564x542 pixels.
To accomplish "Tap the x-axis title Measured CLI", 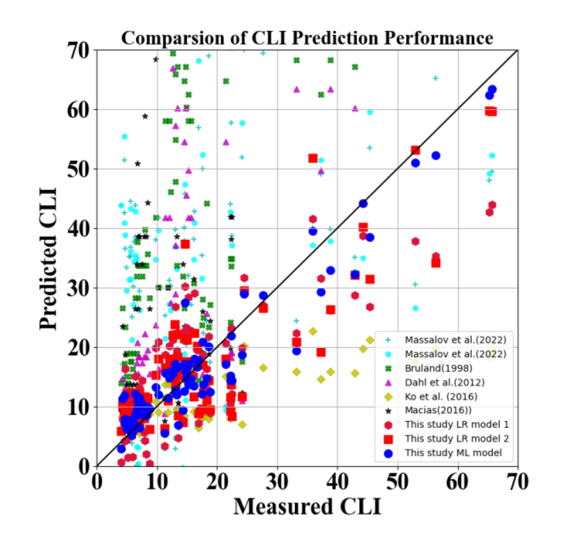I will point(307,506).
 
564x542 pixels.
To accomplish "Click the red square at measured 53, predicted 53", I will point(415,150).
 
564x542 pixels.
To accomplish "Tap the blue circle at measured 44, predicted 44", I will point(363,203).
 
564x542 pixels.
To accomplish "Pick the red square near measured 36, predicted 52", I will point(313,158).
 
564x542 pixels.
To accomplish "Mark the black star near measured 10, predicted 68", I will point(155,59).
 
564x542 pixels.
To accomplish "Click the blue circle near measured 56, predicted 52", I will point(435,156).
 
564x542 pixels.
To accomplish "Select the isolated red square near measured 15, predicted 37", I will point(185,244).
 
